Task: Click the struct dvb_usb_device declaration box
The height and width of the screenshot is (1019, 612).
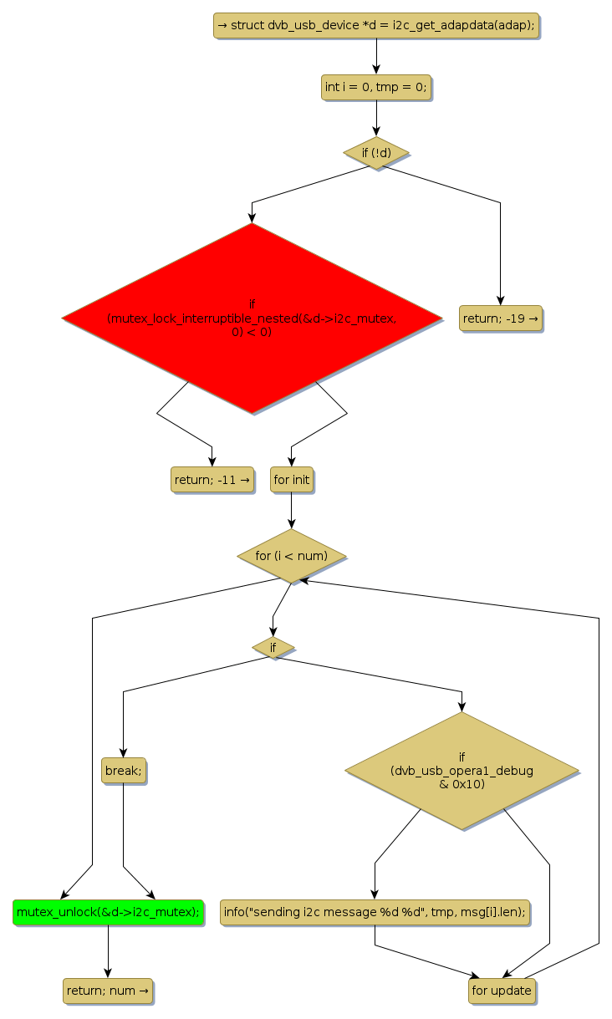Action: pyautogui.click(x=375, y=25)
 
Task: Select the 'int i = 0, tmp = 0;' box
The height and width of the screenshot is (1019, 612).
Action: pyautogui.click(x=375, y=87)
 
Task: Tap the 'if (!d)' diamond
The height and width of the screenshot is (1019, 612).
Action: pyautogui.click(x=375, y=153)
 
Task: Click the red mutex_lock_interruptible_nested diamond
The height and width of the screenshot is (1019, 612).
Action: pyautogui.click(x=252, y=318)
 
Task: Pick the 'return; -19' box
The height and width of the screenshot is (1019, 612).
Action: pyautogui.click(x=500, y=318)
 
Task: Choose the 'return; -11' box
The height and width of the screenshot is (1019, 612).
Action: pyautogui.click(x=212, y=479)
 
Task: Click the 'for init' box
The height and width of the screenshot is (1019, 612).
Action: pyautogui.click(x=291, y=479)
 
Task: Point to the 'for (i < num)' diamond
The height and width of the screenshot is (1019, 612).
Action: pyautogui.click(x=291, y=556)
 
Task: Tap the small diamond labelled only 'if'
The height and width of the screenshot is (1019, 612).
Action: pyautogui.click(x=273, y=647)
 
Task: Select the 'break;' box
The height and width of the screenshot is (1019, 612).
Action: pyautogui.click(x=123, y=770)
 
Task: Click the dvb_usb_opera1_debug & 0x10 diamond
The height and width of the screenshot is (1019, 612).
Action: pyautogui.click(x=462, y=770)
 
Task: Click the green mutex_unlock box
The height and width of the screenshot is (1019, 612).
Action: pyautogui.click(x=108, y=911)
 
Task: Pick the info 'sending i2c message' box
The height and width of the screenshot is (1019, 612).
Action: pyautogui.click(x=375, y=911)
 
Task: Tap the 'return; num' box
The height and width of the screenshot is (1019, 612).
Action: pyautogui.click(x=108, y=991)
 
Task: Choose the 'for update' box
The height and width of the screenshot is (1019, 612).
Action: pyautogui.click(x=501, y=991)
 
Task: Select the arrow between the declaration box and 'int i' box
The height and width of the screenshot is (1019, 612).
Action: pyautogui.click(x=375, y=56)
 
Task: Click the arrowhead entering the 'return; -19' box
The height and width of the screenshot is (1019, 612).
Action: pyautogui.click(x=500, y=301)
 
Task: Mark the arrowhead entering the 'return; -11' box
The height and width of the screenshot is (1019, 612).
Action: pyautogui.click(x=212, y=461)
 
